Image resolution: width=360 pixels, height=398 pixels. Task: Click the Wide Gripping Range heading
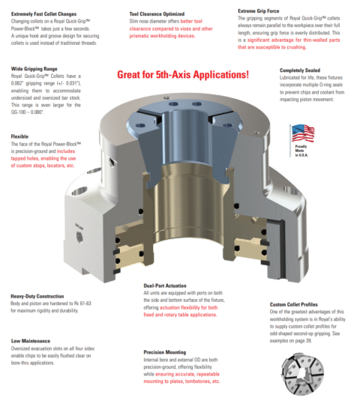[x=34, y=67]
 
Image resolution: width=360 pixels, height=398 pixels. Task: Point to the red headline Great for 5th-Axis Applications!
[x=182, y=76]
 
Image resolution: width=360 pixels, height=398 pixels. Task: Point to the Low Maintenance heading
[x=30, y=340]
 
